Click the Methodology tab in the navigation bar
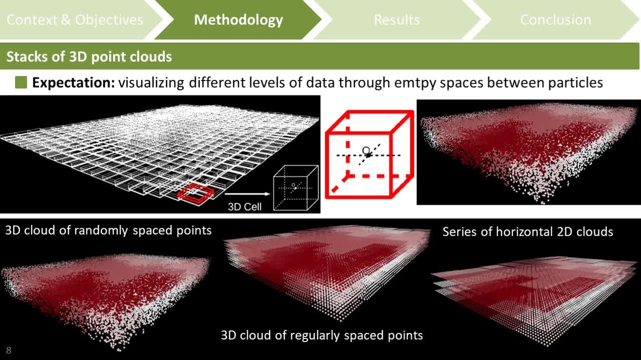(238, 20)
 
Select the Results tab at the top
(397, 20)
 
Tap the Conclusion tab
(555, 20)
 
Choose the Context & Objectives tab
(75, 20)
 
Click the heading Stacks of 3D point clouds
(89, 57)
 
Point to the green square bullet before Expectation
(21, 83)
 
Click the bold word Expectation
(74, 83)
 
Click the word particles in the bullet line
(575, 83)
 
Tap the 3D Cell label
(245, 207)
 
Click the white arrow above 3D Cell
(247, 194)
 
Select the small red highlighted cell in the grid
(196, 194)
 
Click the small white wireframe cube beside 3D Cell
(296, 188)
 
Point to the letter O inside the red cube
(366, 151)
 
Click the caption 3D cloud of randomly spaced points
(109, 230)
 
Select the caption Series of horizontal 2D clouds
(528, 231)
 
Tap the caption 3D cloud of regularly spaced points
(322, 335)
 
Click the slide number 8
(9, 350)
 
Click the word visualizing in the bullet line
(151, 83)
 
